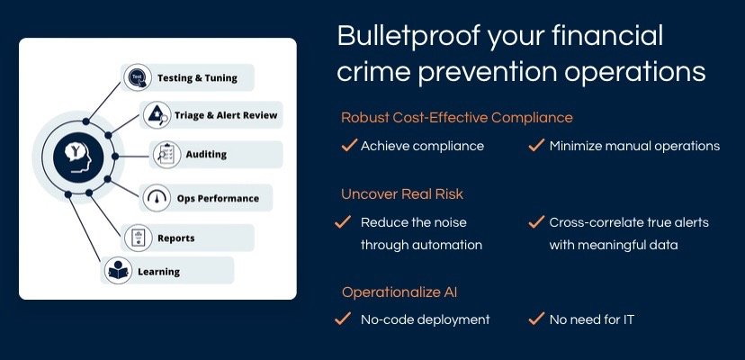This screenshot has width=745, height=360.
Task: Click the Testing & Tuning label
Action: coord(197,78)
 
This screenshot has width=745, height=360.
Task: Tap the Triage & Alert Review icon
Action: coord(157,115)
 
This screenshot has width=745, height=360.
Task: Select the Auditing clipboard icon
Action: coord(166,155)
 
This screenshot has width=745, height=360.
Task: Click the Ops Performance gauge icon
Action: coord(157,198)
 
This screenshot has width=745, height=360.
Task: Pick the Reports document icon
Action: coord(139,238)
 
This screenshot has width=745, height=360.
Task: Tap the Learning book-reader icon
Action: coord(118,271)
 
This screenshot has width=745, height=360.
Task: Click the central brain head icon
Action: coord(78,156)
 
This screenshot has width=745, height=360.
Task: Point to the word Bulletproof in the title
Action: coord(408,37)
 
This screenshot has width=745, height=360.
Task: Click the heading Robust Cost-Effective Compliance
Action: coord(456,118)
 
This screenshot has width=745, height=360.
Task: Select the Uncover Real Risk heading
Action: coord(402,194)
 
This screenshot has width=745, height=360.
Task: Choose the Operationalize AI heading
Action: coord(399,292)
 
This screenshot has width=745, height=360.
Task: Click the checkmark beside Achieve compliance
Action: coord(349,145)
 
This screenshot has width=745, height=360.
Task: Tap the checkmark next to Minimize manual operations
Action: coord(536,145)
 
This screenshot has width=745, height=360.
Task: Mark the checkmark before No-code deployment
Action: coord(343,319)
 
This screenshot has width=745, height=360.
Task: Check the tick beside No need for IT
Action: coord(536,319)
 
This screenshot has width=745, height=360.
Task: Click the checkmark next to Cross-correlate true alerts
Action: coord(536,222)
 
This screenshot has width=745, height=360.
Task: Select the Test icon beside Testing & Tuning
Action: coord(138,77)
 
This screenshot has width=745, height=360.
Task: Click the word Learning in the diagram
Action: coord(158,272)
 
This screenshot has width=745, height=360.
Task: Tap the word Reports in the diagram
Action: coord(175,238)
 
